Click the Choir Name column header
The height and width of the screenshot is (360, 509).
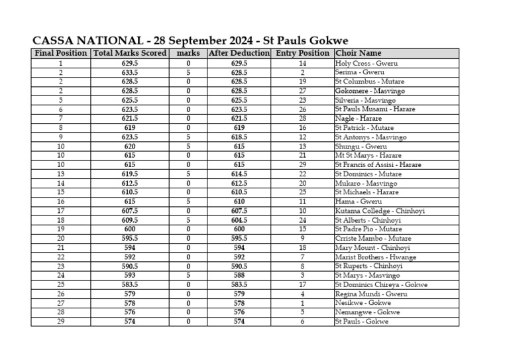tap(358, 53)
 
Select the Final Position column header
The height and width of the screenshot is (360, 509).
tap(61, 53)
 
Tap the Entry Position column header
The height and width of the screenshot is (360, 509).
tap(302, 53)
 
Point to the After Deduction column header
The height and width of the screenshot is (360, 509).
tap(239, 53)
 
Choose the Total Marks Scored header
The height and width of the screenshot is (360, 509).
tap(130, 53)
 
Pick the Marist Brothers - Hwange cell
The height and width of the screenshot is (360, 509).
tap(376, 257)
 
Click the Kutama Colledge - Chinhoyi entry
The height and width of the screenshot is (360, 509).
tap(380, 211)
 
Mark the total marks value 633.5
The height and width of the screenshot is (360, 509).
tap(130, 72)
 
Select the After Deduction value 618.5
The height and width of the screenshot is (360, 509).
tap(239, 137)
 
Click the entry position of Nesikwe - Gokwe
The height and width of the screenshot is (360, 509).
tap(302, 303)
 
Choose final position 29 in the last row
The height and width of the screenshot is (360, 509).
tap(61, 322)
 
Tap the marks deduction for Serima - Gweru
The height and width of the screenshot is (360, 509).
tap(188, 72)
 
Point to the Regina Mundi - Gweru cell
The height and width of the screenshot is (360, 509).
tap(371, 294)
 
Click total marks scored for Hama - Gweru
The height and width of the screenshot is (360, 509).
tap(130, 202)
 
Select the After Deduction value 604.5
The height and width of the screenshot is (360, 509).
tap(239, 220)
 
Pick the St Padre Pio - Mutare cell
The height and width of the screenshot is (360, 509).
tap(368, 229)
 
